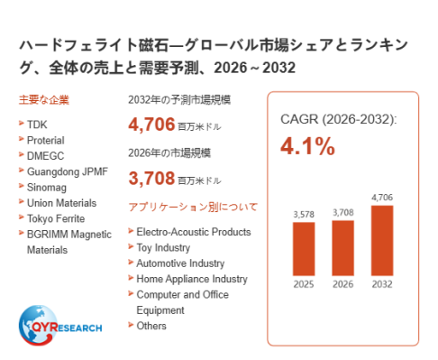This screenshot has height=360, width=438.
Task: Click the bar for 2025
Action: tap(304, 249)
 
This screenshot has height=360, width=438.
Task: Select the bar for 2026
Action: tap(342, 248)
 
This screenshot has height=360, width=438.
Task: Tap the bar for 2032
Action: tap(382, 240)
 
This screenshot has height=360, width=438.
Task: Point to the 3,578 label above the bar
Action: tap(304, 215)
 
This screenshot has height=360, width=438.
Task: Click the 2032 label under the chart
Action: tap(382, 284)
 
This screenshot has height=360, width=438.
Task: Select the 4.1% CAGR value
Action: tap(307, 146)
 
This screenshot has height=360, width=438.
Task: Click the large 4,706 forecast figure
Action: tap(151, 125)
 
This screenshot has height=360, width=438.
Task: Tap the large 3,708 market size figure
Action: tap(151, 178)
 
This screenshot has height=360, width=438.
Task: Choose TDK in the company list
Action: tap(37, 125)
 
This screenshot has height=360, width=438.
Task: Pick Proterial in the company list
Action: tap(46, 140)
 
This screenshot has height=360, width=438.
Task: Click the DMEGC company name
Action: tap(46, 156)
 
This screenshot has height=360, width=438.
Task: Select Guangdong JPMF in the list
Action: tap(68, 171)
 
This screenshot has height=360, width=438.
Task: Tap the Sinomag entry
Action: tap(47, 188)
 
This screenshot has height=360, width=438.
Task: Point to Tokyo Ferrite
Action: tap(56, 218)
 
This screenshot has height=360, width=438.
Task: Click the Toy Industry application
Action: tap(163, 248)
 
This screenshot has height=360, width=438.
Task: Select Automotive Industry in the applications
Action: tap(180, 263)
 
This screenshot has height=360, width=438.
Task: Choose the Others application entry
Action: tap(151, 326)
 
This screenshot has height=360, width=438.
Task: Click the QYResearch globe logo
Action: tap(38, 325)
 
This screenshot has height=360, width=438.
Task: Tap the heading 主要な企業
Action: tap(44, 100)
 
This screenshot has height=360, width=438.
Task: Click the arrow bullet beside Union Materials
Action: tap(21, 201)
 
